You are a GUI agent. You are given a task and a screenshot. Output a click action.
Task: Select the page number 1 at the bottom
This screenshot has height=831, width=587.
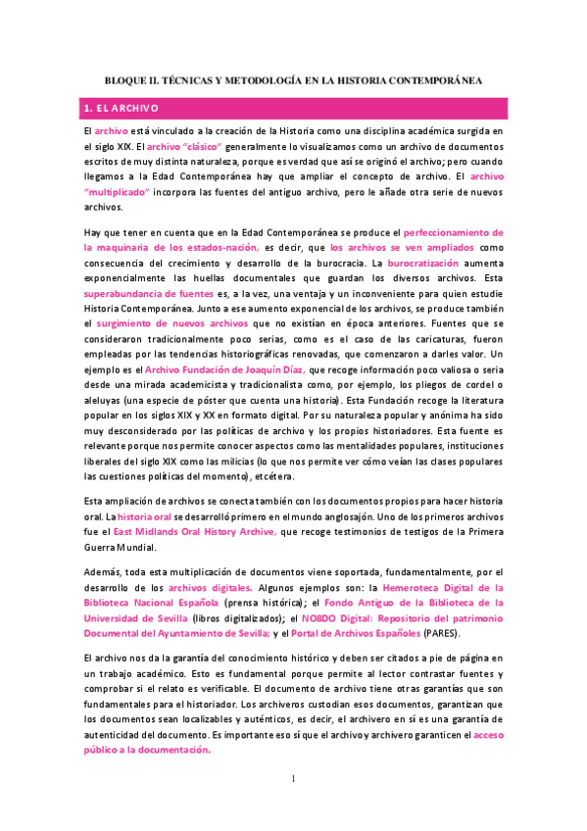293,778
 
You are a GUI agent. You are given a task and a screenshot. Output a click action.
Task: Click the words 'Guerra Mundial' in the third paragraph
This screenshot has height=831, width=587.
120,547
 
